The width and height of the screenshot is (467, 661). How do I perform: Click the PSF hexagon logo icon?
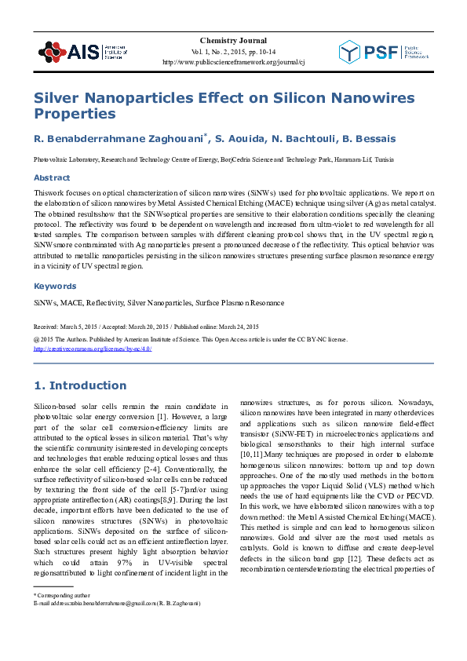[353, 53]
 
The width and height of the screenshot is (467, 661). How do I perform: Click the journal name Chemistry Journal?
[233, 40]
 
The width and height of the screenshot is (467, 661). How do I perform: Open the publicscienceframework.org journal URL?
[233, 61]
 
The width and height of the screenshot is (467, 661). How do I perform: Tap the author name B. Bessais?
[368, 139]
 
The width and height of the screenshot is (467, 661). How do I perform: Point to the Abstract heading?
[51, 178]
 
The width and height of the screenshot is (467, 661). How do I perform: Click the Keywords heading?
[55, 287]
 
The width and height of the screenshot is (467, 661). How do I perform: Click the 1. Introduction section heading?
[80, 385]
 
